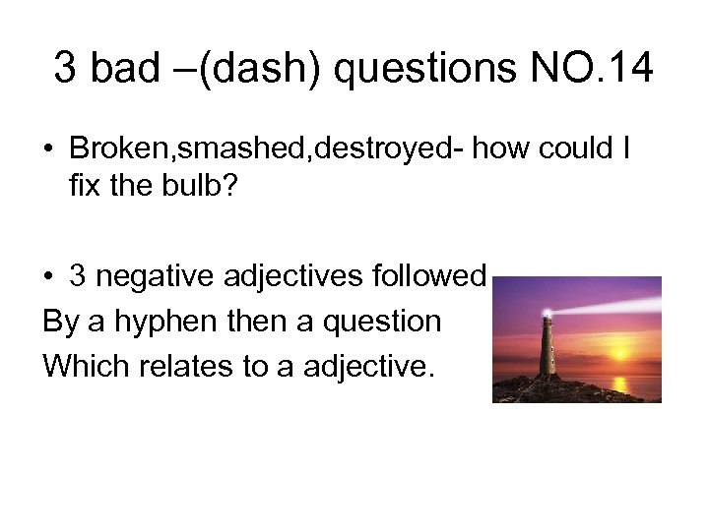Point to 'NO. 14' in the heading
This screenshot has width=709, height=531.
click(x=590, y=68)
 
